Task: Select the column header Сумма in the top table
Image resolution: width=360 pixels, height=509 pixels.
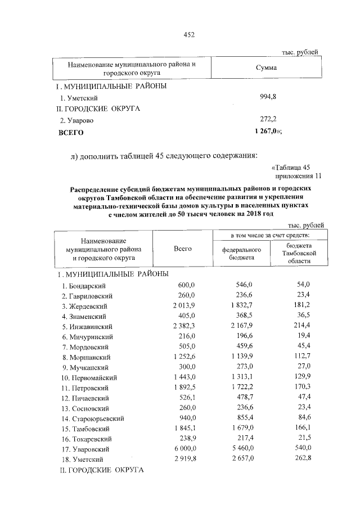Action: (x=265, y=68)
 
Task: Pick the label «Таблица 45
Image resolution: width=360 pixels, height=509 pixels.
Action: (x=290, y=166)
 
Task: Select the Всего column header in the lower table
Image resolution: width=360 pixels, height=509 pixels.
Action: (x=183, y=248)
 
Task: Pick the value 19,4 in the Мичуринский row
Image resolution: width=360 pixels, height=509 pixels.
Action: (x=301, y=336)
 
